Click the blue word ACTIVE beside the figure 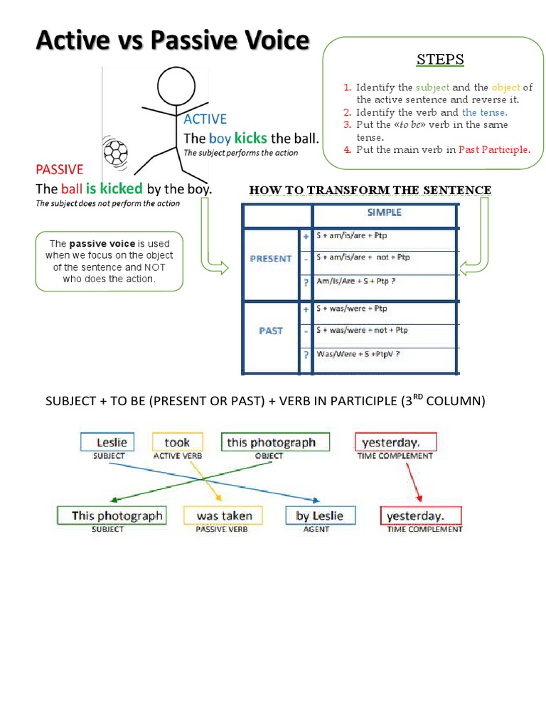point(205,119)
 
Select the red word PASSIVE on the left point(60,169)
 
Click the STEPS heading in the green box point(440,58)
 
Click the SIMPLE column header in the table point(384,213)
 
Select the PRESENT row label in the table point(271,259)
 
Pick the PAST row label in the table point(271,331)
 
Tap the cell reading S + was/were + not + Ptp point(363,331)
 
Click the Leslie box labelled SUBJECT point(112,442)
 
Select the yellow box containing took point(177,442)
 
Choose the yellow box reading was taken point(224,516)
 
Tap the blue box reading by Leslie point(319,516)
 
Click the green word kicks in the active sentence point(250,138)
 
